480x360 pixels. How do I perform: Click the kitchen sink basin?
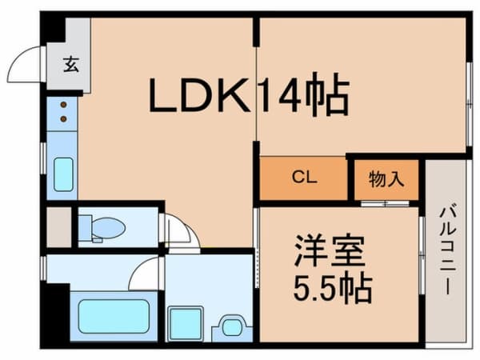pyautogui.click(x=63, y=174)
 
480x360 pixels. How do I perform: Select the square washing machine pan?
pyautogui.click(x=186, y=323)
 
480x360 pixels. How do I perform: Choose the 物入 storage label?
pyautogui.click(x=386, y=178)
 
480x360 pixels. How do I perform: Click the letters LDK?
pyautogui.click(x=200, y=96)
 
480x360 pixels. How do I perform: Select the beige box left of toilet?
pyautogui.click(x=58, y=228)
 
